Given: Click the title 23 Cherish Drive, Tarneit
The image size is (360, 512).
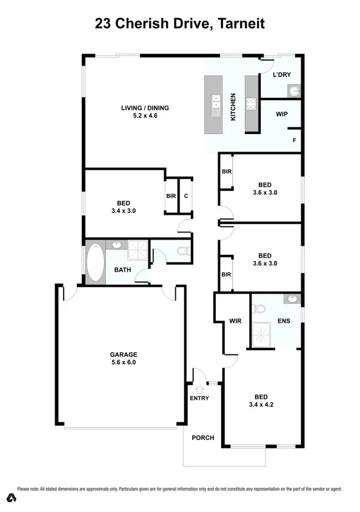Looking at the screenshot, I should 180,24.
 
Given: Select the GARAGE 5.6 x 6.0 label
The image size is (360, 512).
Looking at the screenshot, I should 123,358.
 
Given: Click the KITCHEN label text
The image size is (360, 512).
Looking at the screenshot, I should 233,107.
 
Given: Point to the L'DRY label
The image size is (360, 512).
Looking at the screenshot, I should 282,74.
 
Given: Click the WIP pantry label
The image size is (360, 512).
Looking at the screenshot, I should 281,114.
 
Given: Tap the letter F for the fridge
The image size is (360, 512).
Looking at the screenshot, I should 295,140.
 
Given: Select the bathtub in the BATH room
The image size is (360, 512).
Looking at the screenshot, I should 95,263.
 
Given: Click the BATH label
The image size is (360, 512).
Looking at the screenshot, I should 122,270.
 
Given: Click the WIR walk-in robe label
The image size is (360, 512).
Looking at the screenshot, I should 236,321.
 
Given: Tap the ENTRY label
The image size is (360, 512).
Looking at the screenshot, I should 199,398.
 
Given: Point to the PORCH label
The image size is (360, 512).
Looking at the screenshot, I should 203,437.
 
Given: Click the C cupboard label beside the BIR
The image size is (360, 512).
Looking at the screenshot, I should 185,196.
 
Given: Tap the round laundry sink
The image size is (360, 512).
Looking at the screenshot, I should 293,91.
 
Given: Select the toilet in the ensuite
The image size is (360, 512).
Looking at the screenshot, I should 259,309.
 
